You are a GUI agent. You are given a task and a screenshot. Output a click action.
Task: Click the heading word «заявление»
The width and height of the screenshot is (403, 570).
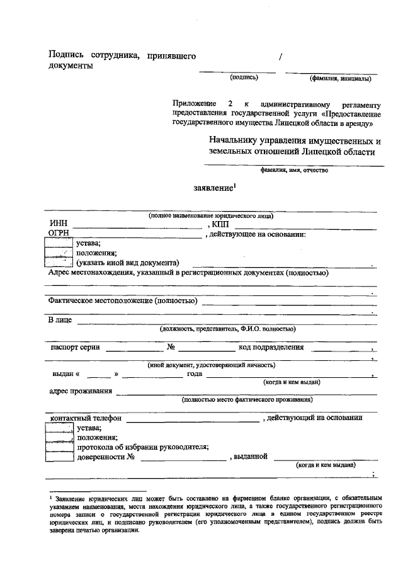pos(213,188)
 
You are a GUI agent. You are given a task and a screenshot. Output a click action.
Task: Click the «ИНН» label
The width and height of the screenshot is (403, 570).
pos(59,225)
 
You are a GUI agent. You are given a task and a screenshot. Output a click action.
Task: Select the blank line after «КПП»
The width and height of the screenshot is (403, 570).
pos(307,228)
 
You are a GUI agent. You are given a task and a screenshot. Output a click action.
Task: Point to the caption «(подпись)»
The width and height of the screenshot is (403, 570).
pos(244,78)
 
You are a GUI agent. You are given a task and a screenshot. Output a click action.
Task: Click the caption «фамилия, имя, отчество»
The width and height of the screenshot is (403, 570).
pos(293,170)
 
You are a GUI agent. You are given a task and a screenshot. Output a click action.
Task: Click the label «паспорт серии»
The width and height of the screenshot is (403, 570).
pos(75,347)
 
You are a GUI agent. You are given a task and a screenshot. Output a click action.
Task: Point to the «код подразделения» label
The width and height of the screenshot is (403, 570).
pos(271,347)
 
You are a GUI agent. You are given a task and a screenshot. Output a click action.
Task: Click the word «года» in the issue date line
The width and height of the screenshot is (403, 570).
pos(194,374)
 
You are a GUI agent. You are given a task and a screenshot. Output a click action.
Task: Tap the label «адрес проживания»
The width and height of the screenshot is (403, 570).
pos(81,392)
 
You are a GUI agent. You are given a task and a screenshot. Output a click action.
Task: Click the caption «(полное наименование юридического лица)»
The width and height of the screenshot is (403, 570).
pos(211,215)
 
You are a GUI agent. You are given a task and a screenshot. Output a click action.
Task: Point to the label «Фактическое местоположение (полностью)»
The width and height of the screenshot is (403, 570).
pos(123,301)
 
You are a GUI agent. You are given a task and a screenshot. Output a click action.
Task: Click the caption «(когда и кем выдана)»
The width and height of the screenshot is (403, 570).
pos(326,465)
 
